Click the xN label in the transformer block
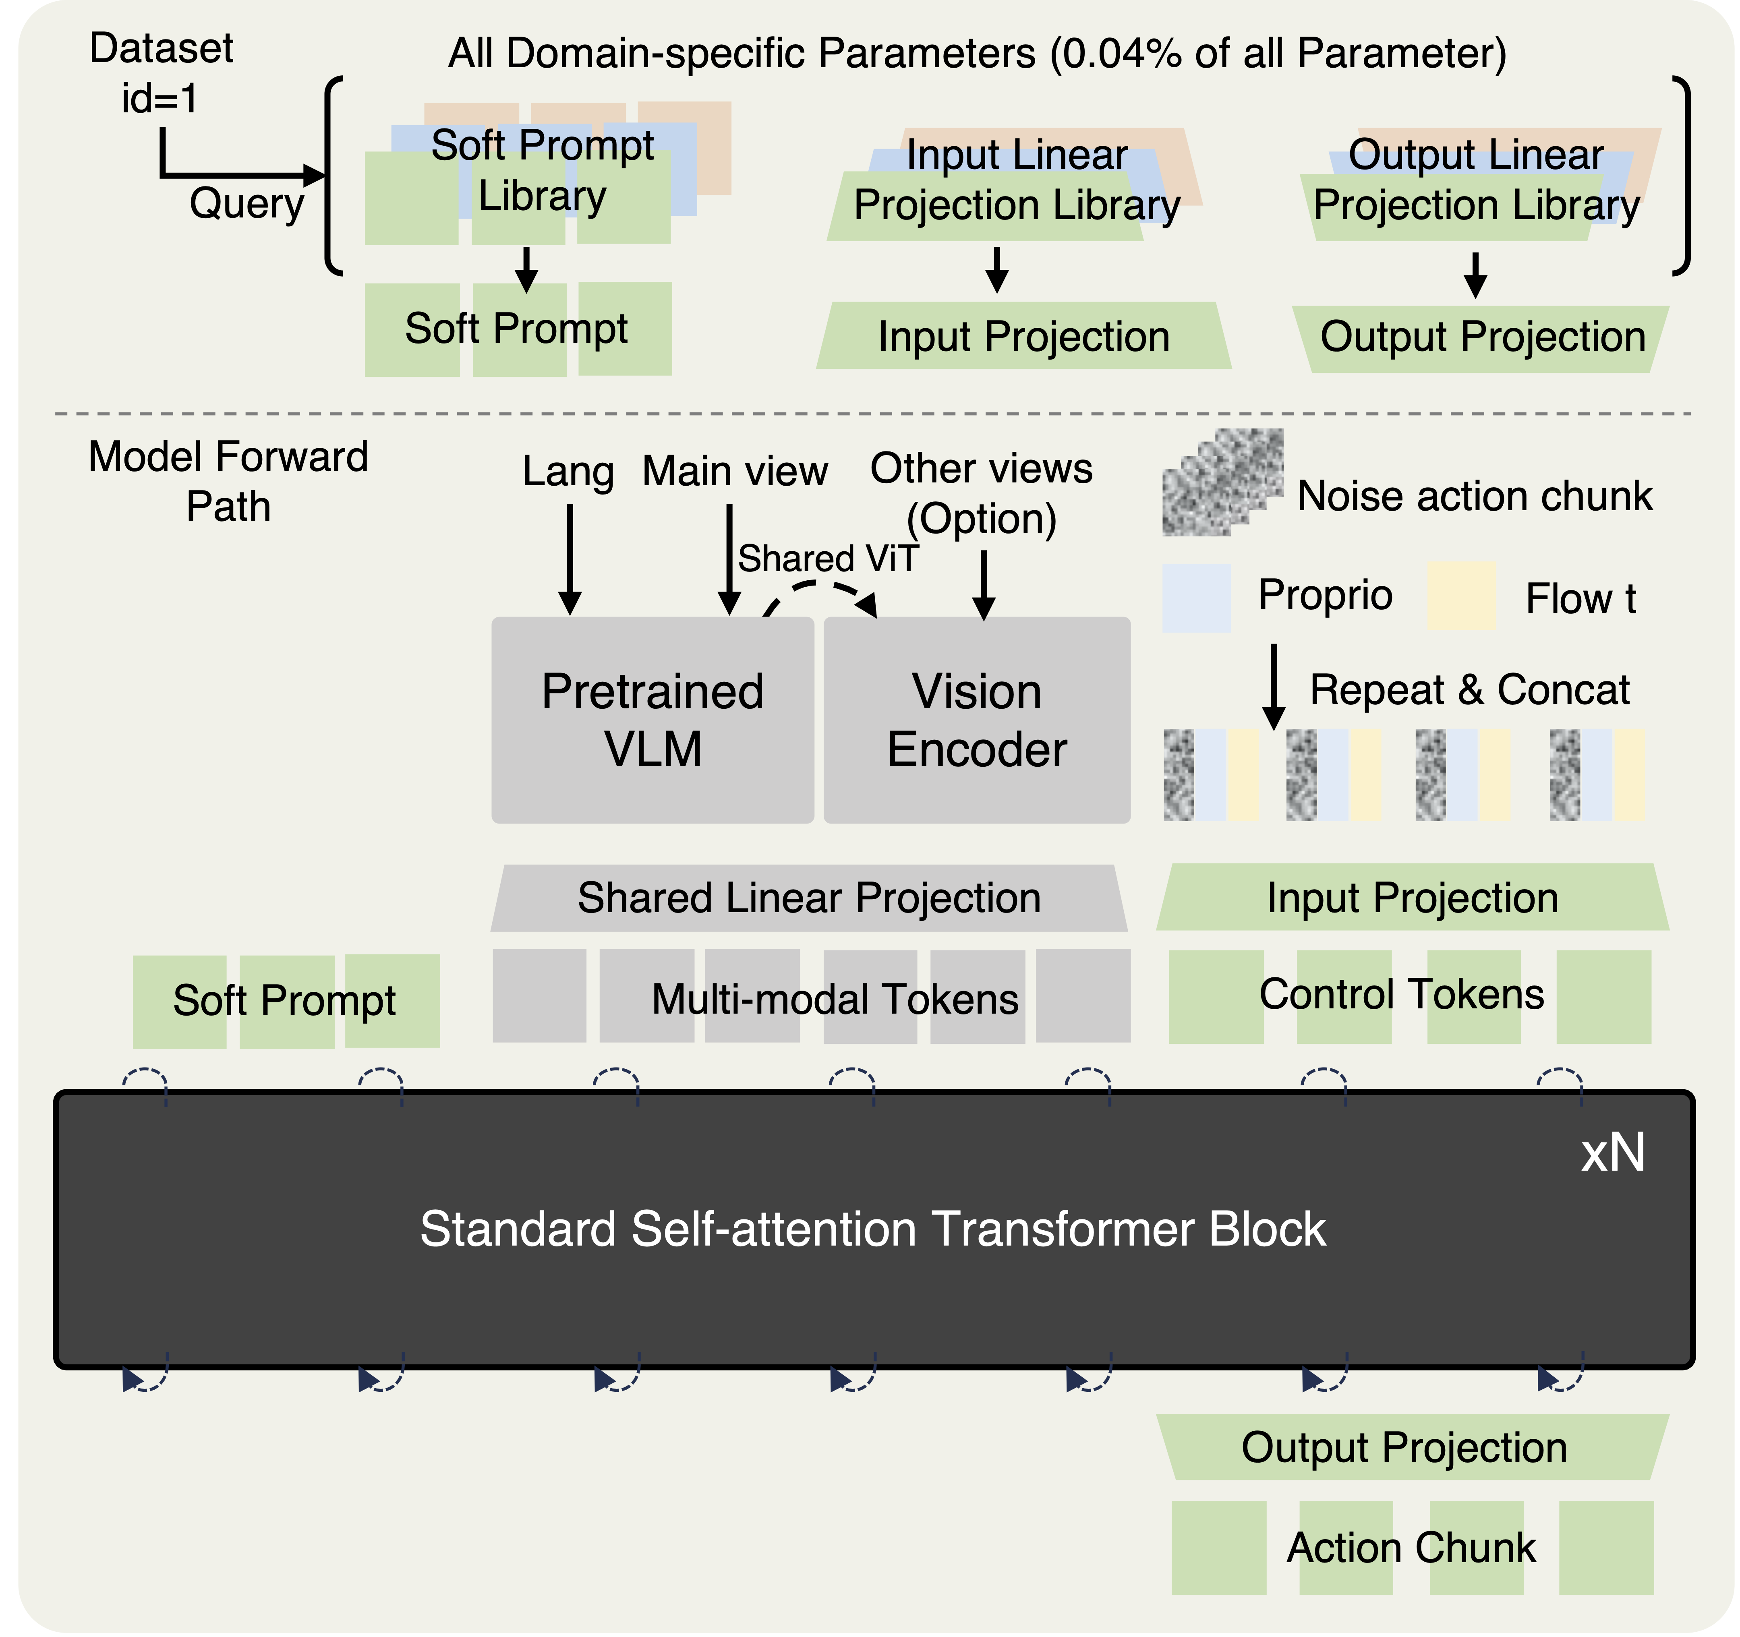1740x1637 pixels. pos(1612,1153)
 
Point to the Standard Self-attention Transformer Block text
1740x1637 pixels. pos(873,1229)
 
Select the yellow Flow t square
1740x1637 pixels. pos(1462,596)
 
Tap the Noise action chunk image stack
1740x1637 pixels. pos(1222,482)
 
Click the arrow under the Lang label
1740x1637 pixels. pos(570,560)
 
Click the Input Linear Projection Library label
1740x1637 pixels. pos(1017,180)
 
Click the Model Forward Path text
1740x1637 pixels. pos(228,481)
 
